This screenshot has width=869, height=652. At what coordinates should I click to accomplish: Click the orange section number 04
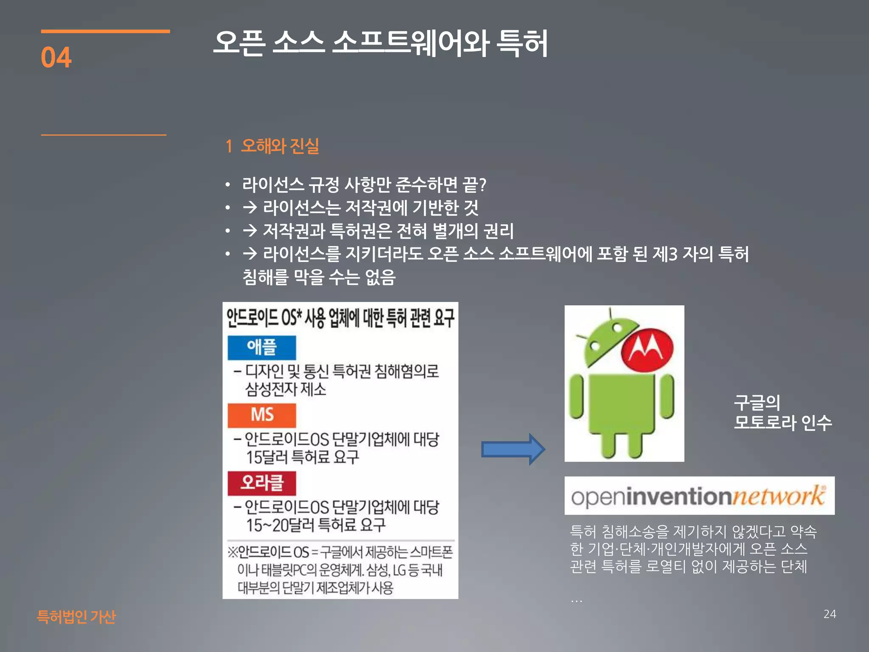pyautogui.click(x=56, y=57)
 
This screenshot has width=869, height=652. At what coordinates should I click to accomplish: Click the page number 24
pyautogui.click(x=830, y=614)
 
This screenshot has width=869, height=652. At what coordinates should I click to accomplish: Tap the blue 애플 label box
pyautogui.click(x=261, y=347)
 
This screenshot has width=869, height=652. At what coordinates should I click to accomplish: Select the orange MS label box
pyautogui.click(x=261, y=415)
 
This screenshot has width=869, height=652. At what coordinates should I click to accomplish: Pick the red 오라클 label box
pyautogui.click(x=261, y=483)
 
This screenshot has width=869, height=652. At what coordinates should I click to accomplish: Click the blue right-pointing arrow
pyautogui.click(x=513, y=449)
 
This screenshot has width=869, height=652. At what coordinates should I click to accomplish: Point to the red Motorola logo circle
pyautogui.click(x=647, y=350)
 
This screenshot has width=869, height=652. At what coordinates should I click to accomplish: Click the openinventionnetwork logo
pyautogui.click(x=699, y=496)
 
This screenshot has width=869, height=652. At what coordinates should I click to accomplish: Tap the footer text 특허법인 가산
pyautogui.click(x=76, y=616)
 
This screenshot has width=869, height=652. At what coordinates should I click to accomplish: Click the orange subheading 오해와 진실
pyautogui.click(x=280, y=146)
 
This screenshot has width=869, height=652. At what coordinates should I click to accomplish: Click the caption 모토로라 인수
pyautogui.click(x=783, y=423)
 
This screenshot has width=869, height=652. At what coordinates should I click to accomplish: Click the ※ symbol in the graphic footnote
pyautogui.click(x=233, y=552)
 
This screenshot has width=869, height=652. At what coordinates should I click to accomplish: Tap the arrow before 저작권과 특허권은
pyautogui.click(x=250, y=230)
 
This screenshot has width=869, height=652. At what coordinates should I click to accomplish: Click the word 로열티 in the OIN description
pyautogui.click(x=665, y=566)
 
